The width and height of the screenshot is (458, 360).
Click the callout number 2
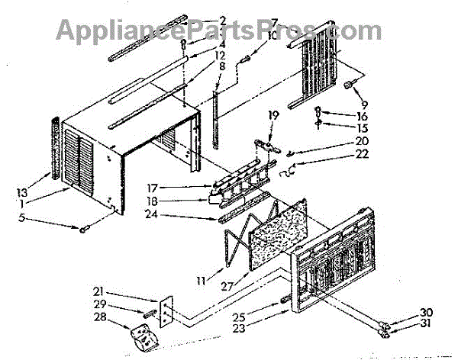click(x=223, y=21)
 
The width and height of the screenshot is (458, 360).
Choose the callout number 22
click(x=340, y=154)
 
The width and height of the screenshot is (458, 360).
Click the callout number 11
click(x=201, y=281)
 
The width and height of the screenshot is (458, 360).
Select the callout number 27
click(x=229, y=288)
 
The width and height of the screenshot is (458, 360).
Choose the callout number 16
click(x=340, y=116)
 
